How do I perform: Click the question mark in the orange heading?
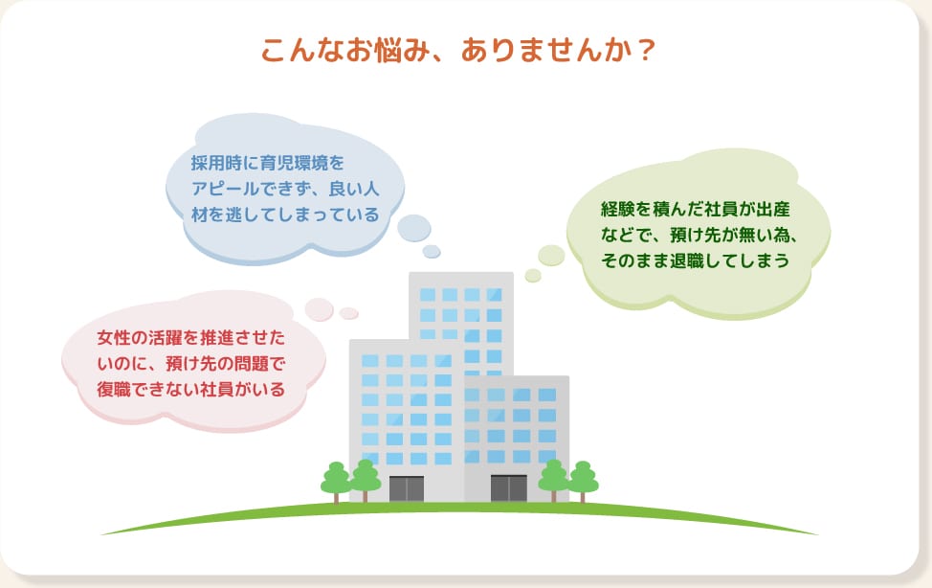(646, 50)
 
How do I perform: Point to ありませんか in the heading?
(544, 50)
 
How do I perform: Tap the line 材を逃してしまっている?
(284, 214)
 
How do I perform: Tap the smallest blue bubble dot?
(432, 252)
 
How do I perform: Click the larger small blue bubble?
(414, 228)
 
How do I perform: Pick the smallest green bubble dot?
(533, 276)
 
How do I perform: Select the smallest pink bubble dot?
(349, 313)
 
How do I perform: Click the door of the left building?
(406, 488)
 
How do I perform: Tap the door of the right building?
(508, 488)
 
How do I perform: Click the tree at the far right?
(582, 480)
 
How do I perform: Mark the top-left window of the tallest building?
(427, 294)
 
